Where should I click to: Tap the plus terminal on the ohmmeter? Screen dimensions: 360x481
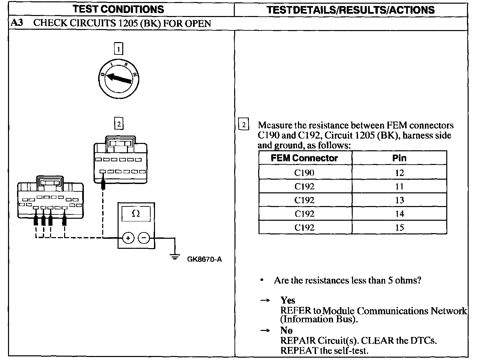coord(128,238)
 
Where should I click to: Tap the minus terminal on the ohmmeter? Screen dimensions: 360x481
coord(144,238)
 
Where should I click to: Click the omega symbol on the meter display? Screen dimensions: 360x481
coord(136,213)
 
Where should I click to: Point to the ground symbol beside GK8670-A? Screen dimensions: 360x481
coord(174,256)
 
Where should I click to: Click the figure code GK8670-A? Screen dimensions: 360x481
coord(204,259)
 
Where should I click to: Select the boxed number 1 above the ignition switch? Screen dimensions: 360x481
coord(118,49)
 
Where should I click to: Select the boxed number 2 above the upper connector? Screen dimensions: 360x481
coord(118,124)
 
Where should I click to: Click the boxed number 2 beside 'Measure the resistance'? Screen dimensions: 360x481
coord(244,125)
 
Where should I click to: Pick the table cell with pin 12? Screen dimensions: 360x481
coord(399,173)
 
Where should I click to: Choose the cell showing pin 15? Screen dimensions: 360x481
coord(399,227)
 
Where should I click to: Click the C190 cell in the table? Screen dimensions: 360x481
coord(304,173)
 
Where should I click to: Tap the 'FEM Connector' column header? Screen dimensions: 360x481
coord(304,158)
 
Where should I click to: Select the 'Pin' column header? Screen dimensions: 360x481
coord(399,158)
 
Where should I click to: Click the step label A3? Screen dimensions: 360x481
coord(17,23)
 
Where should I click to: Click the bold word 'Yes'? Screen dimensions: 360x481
coord(288,300)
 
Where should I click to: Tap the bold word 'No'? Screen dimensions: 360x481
coord(286,330)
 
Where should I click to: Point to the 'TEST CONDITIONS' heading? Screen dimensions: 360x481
coord(118,9)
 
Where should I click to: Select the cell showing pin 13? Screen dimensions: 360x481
coord(399,200)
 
